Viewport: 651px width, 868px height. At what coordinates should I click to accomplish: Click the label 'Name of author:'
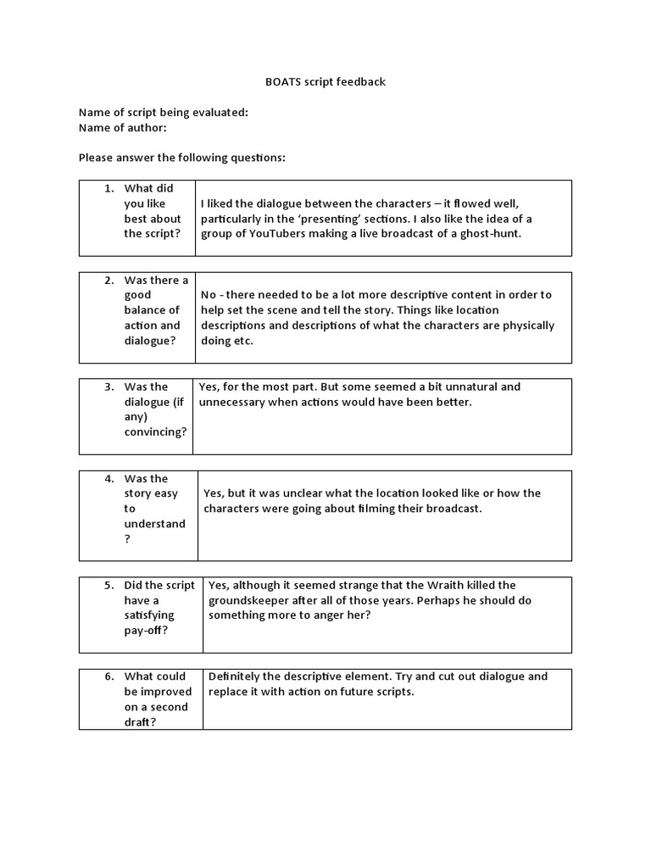point(122,127)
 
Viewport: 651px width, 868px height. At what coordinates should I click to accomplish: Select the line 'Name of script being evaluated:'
point(163,113)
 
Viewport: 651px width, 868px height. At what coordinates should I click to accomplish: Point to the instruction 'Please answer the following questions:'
point(181,158)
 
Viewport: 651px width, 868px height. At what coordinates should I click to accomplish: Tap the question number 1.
point(108,188)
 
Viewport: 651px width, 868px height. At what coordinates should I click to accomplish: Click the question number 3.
point(108,387)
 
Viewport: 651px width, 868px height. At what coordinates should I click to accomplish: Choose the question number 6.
point(108,676)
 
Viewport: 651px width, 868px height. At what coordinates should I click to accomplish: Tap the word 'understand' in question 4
point(154,524)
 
